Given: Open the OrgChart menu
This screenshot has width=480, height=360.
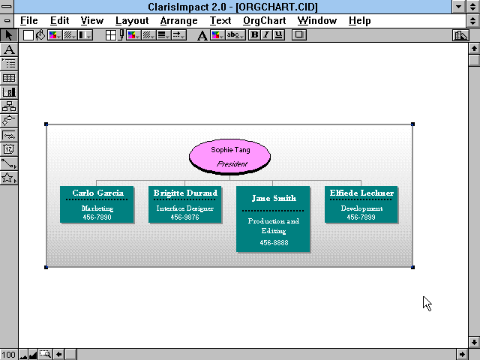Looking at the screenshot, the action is coord(265,21).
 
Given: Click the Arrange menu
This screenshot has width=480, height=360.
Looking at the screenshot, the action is coord(178,21).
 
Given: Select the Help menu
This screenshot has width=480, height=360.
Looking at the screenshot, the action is coord(360,21).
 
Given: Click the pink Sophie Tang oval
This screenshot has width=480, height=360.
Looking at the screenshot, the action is coord(229,157).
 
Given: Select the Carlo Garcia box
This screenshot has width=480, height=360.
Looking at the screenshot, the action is coord(97,205).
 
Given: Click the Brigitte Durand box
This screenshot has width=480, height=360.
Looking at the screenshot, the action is coord(185,205).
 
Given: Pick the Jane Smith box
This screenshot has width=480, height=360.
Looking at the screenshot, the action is coord(273,219).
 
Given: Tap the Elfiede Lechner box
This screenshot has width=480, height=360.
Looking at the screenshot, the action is coord(361,205).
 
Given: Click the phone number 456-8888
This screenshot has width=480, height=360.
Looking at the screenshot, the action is coord(274,243).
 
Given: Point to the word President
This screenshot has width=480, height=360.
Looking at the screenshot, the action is coord(232,164).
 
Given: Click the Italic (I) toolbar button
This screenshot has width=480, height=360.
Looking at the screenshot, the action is coord(266,35).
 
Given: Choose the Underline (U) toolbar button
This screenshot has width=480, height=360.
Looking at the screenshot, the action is coord(278,35).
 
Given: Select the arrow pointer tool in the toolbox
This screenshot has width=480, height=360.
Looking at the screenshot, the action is coord(9,35).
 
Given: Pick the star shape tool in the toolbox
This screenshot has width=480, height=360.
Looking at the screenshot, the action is coord(9,178).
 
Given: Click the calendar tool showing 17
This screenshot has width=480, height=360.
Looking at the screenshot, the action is coord(9,149).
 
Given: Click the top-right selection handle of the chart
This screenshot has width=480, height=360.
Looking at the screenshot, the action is coord(412,124).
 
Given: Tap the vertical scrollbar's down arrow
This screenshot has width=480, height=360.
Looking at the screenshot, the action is coord(474,342).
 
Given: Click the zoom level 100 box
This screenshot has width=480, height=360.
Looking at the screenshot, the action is coord(9,355).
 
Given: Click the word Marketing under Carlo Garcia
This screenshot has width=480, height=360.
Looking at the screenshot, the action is coord(97,208).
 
